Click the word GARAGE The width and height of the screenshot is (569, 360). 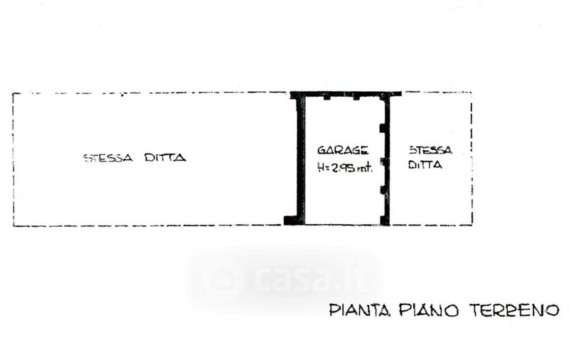[x=343, y=150]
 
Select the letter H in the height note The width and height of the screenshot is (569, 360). [x=321, y=167]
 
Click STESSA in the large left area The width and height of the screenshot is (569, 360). [x=108, y=158]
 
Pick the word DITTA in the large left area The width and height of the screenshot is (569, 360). [x=166, y=157]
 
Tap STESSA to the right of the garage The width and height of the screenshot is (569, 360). [x=431, y=150]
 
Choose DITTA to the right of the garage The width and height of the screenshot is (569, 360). [x=425, y=165]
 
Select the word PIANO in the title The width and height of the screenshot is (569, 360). [x=429, y=310]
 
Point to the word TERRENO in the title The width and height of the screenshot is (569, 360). [x=514, y=310]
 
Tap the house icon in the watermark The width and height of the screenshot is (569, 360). [x=221, y=280]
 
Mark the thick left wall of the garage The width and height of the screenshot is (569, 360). [x=300, y=159]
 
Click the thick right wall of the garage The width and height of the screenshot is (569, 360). [x=387, y=159]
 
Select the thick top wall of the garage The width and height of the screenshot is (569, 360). [x=346, y=94]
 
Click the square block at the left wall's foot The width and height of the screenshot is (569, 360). [x=290, y=221]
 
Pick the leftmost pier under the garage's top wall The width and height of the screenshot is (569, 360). [x=327, y=97]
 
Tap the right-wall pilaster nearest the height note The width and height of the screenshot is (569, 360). [x=383, y=162]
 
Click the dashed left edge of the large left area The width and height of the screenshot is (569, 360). [x=14, y=159]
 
